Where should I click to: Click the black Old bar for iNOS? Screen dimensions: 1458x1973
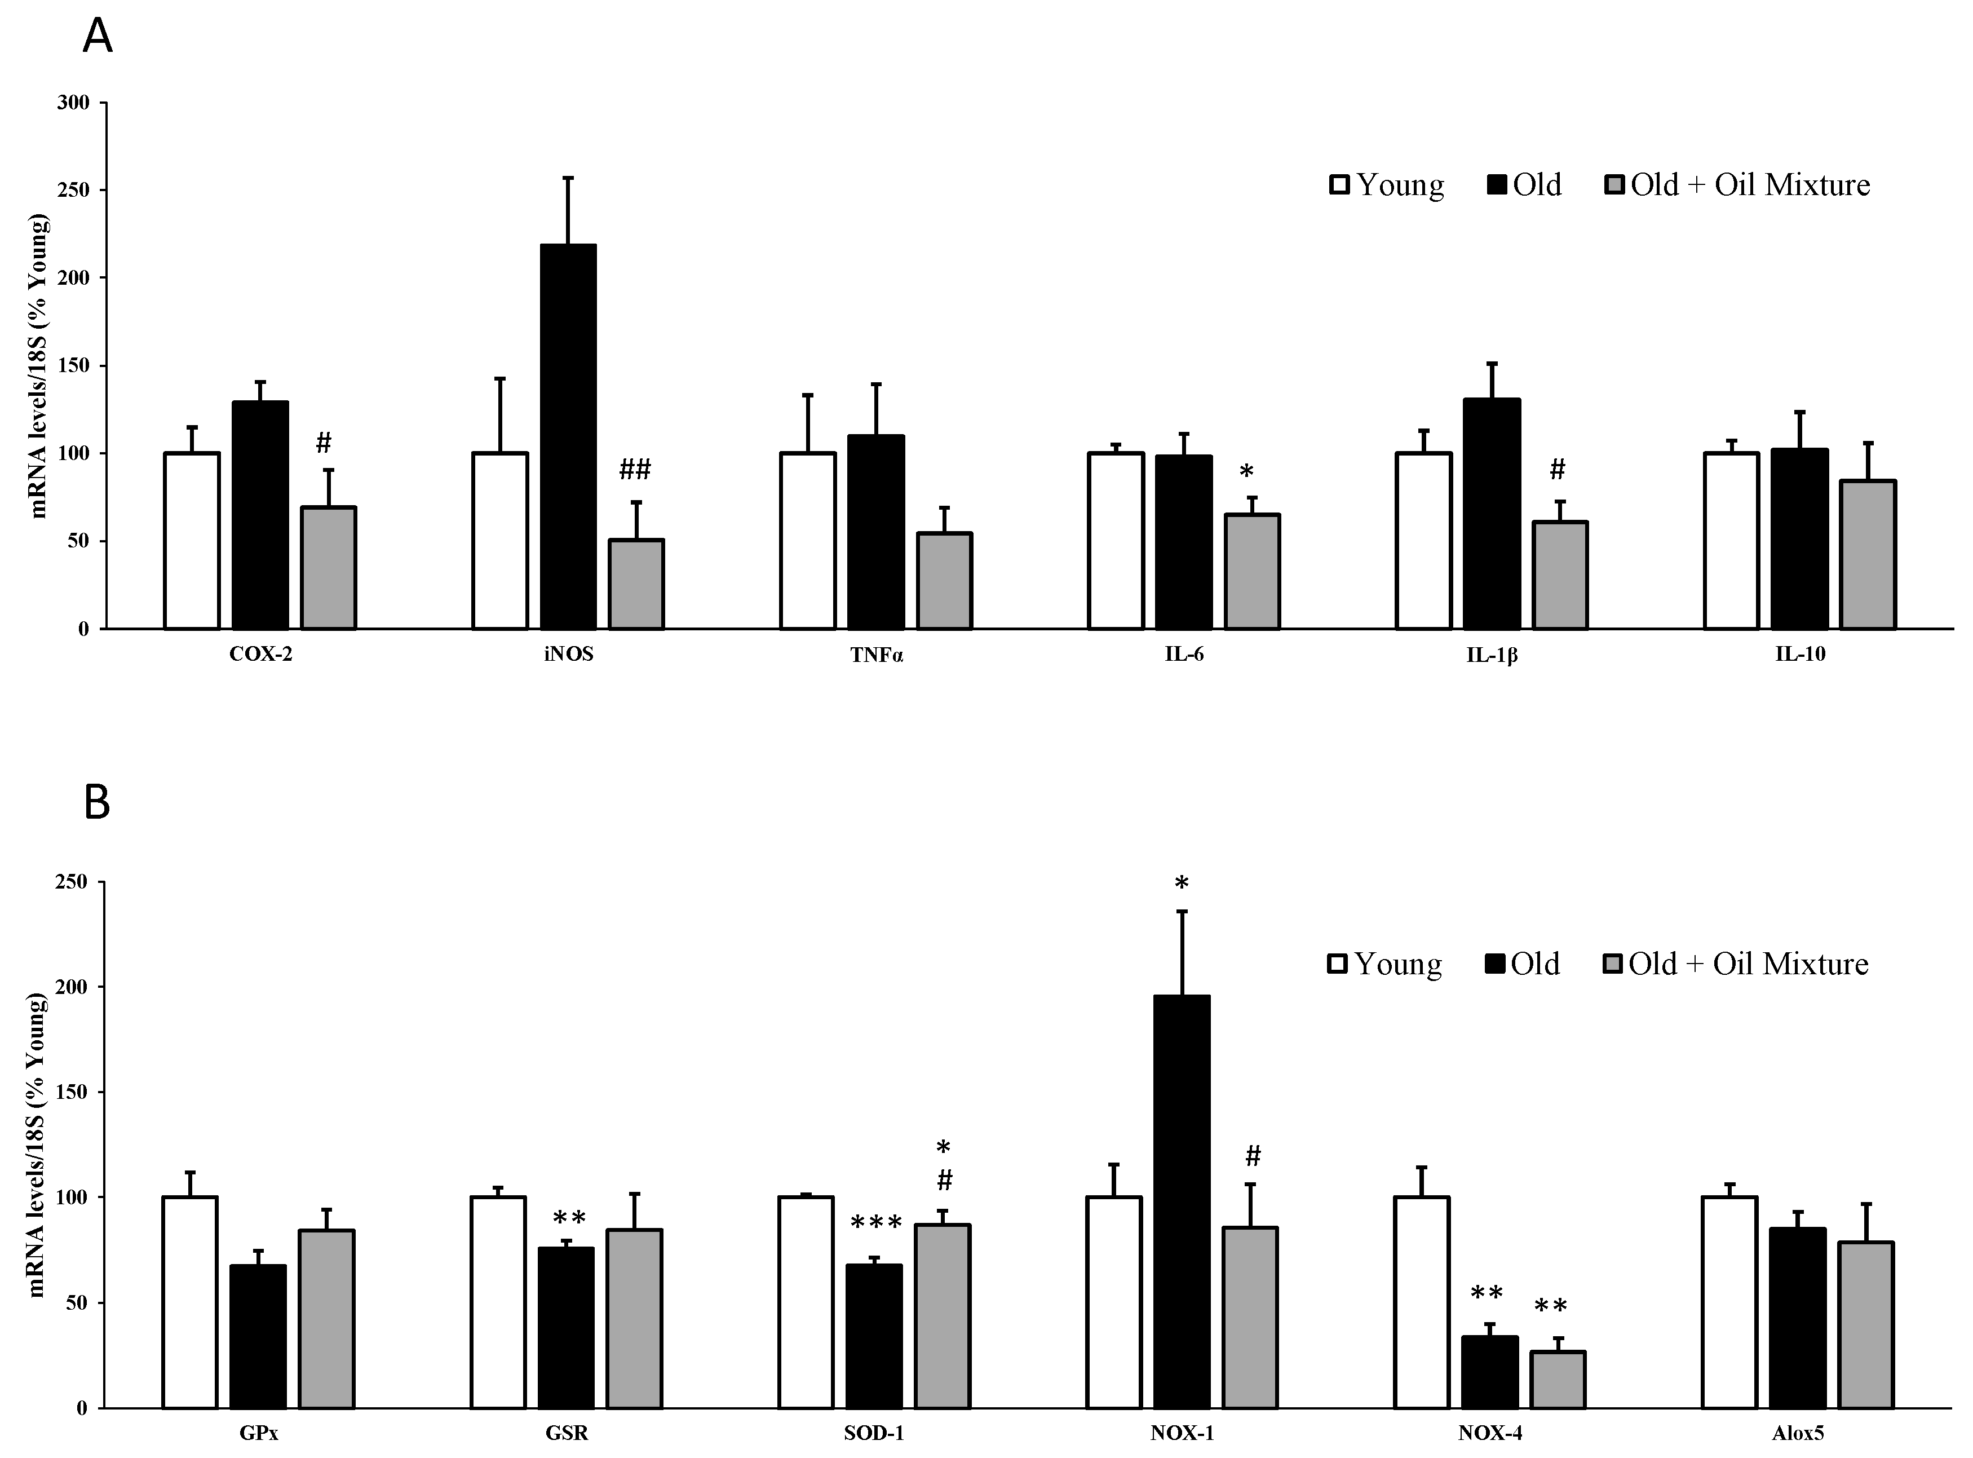(x=568, y=437)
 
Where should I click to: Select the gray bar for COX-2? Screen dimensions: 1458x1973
(x=328, y=568)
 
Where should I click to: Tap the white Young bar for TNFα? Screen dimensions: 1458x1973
(x=807, y=540)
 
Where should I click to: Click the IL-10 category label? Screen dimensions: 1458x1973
(x=1800, y=654)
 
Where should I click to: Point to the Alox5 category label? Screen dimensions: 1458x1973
(x=1798, y=1433)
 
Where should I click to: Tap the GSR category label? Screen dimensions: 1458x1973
(x=567, y=1433)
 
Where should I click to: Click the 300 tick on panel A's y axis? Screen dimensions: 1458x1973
(x=73, y=103)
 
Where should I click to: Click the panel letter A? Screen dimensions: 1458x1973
(x=97, y=37)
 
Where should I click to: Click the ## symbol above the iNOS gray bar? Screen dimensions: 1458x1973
(x=634, y=470)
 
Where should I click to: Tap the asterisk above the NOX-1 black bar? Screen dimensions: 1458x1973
(x=1182, y=882)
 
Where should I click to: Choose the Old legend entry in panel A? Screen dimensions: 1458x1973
(x=1525, y=184)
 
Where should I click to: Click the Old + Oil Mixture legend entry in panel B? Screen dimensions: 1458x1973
(x=1736, y=964)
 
